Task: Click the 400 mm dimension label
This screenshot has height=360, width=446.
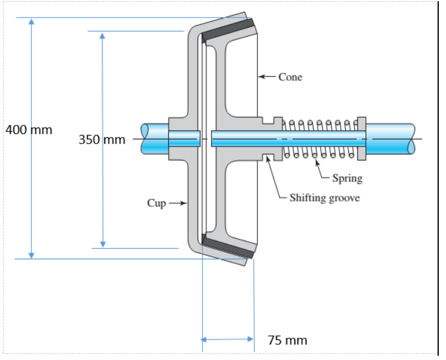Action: click(29, 130)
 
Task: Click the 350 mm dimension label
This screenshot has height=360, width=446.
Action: click(102, 140)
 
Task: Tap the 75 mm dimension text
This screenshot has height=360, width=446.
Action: click(287, 340)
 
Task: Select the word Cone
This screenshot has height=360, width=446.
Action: click(291, 77)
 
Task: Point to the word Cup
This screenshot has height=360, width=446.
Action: click(156, 203)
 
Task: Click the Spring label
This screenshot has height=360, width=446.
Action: click(347, 178)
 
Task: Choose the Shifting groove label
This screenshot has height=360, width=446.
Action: click(324, 198)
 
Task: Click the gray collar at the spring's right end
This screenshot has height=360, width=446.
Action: click(362, 139)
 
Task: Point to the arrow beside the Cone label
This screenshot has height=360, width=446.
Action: click(267, 77)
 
